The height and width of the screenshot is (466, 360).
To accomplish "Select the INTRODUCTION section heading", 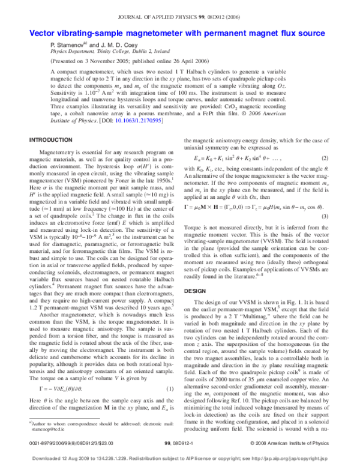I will click(x=51, y=140).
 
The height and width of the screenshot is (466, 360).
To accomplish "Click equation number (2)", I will click(x=325, y=158).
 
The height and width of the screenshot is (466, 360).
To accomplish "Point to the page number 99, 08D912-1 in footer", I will click(x=180, y=444).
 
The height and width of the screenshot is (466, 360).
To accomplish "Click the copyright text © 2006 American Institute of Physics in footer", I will click(x=295, y=444).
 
